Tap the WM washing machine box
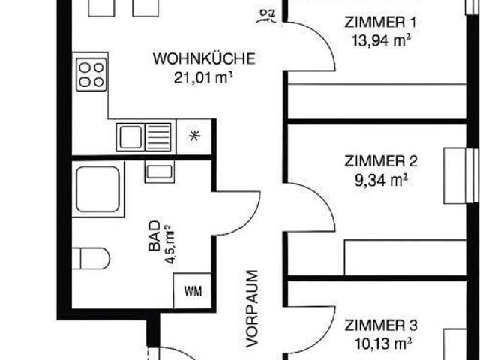pos(191,289)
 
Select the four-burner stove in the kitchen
pos(91,76)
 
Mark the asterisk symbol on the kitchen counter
pos(195,136)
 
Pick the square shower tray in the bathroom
pos(97,190)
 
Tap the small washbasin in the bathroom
pos(159,172)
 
